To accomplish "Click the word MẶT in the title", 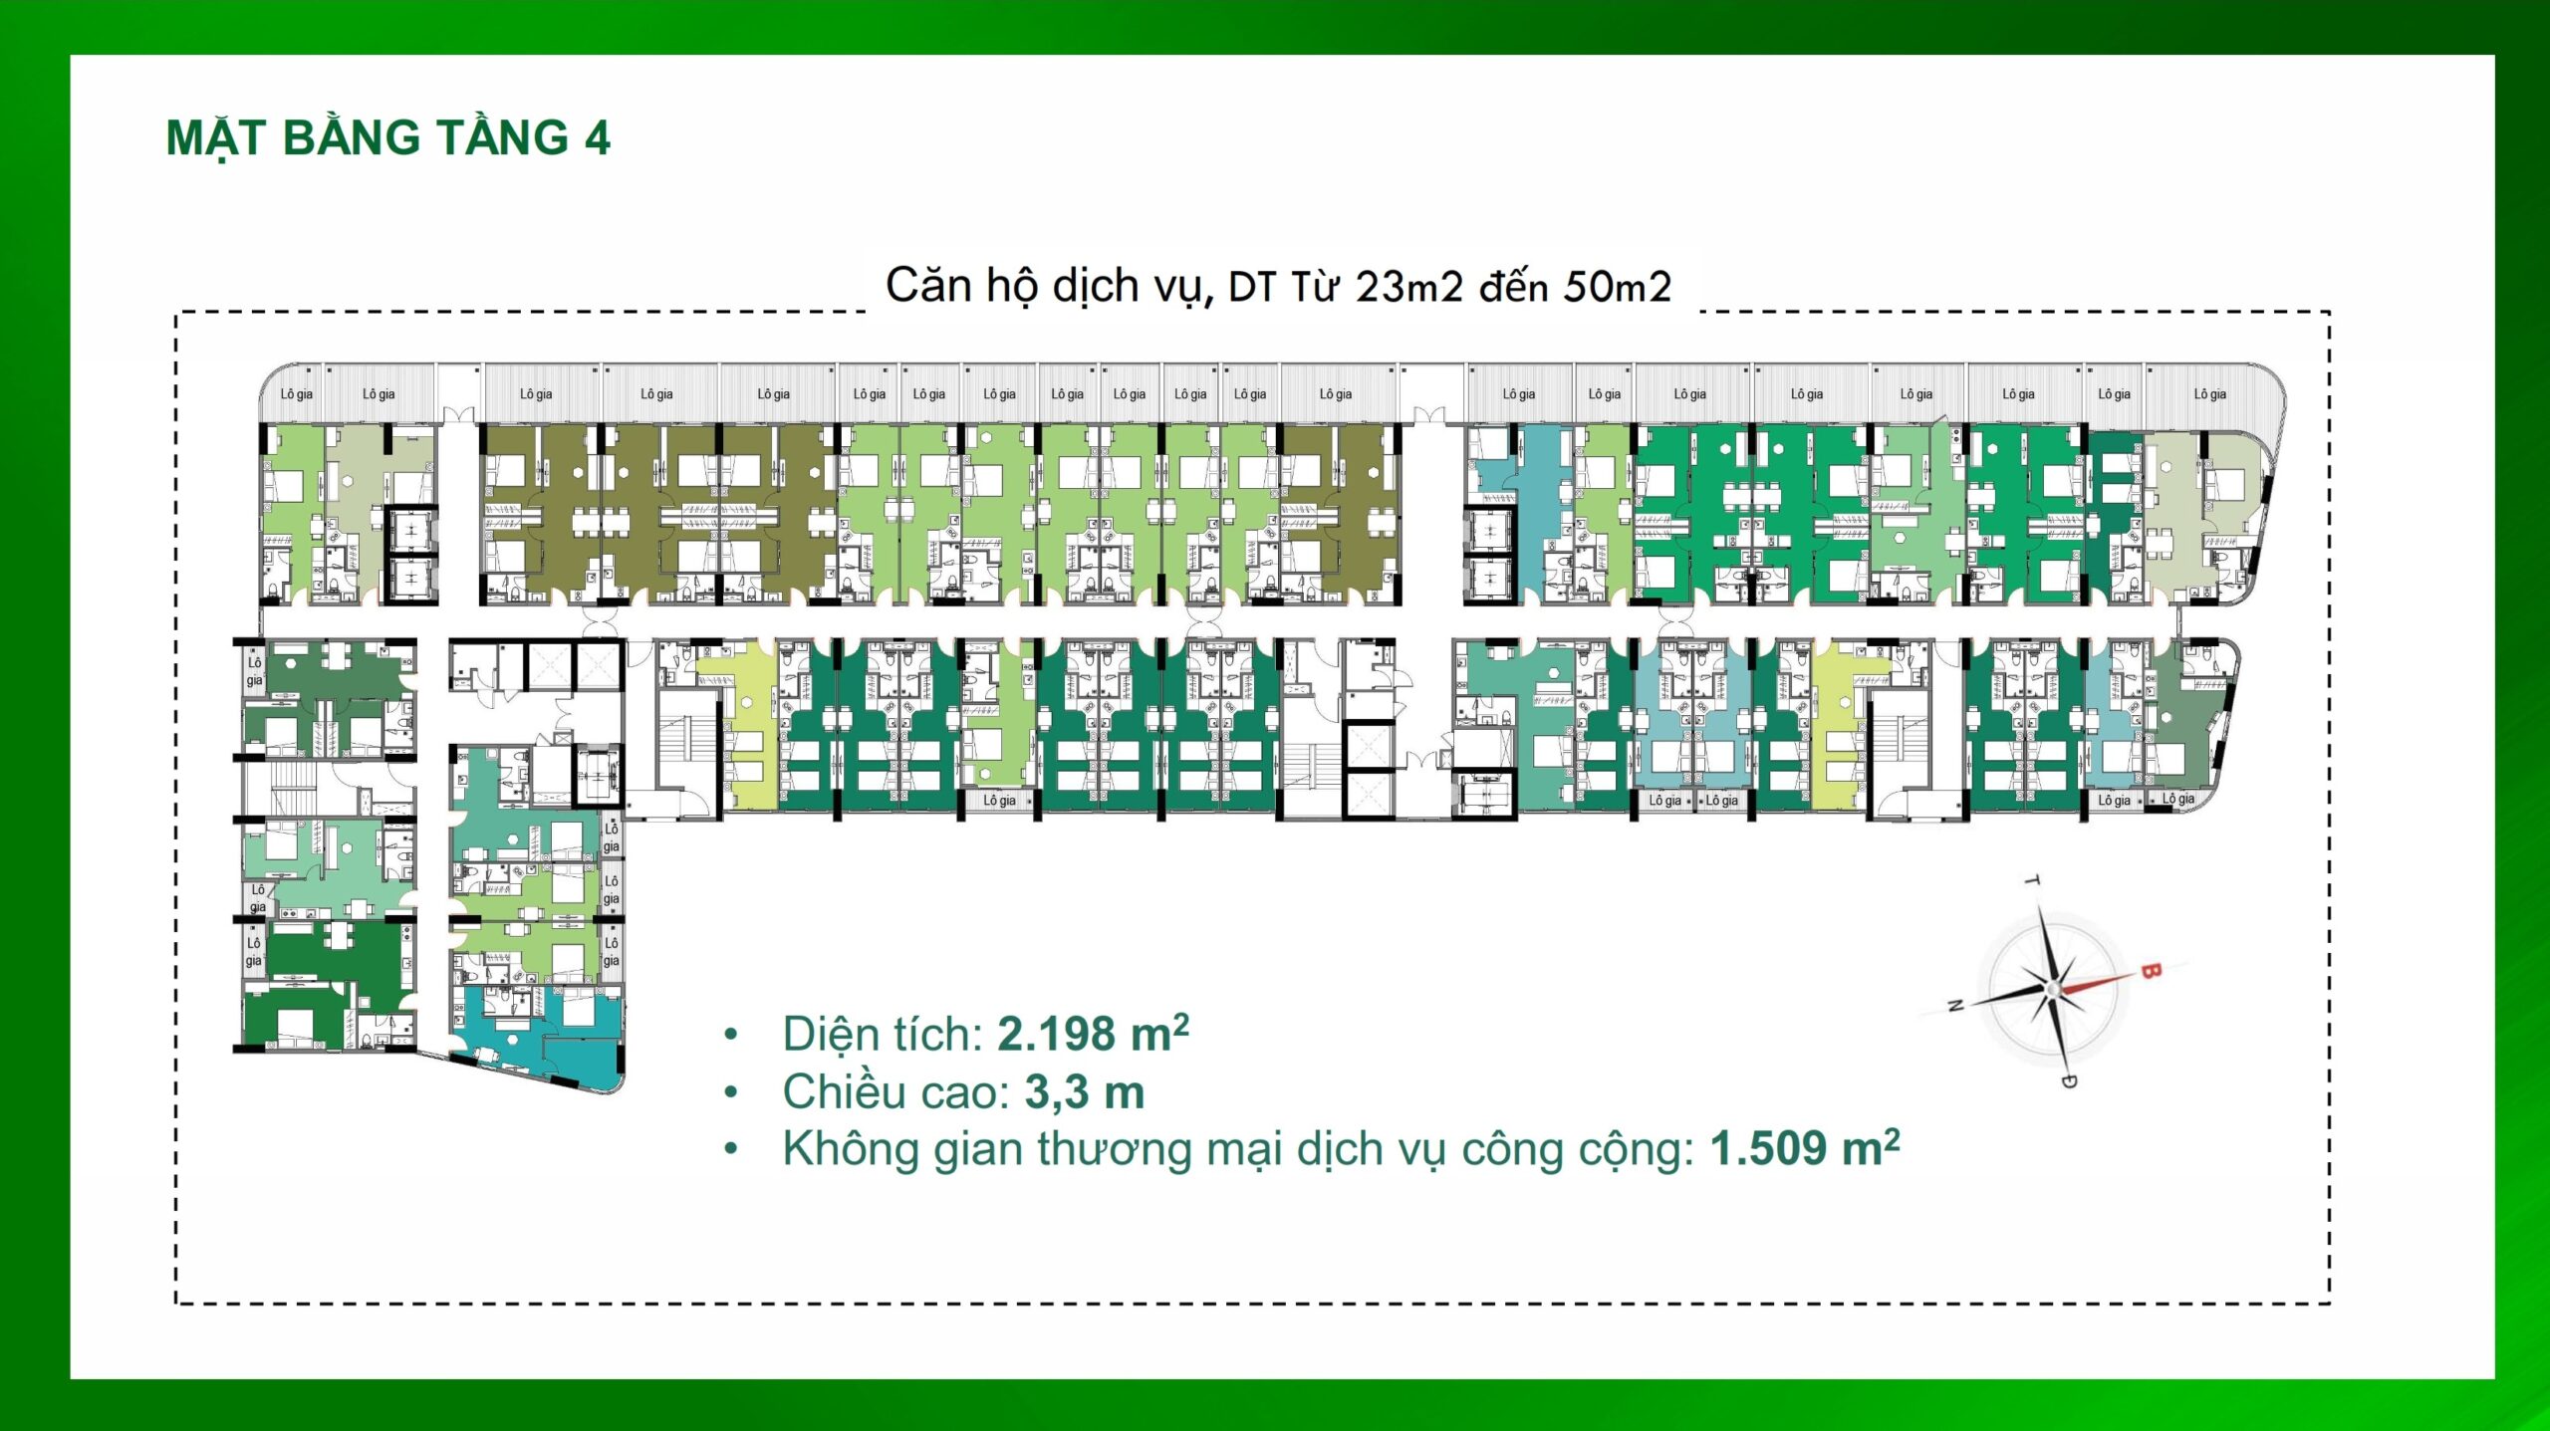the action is point(217,137).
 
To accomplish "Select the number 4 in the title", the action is point(598,137).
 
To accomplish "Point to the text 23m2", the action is point(1409,287).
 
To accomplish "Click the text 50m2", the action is point(1618,287).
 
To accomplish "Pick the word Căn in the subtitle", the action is point(928,285).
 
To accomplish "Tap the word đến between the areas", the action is point(1514,287).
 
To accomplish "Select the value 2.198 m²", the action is point(1093,1033).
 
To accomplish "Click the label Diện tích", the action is point(883,1034).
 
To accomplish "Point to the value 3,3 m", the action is point(1085,1092).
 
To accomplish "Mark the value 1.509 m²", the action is point(1805,1148).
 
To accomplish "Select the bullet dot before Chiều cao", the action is point(731,1092).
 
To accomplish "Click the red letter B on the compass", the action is point(2150,970).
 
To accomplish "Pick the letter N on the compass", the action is point(1956,1006).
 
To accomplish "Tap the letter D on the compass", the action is point(2069,1081).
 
